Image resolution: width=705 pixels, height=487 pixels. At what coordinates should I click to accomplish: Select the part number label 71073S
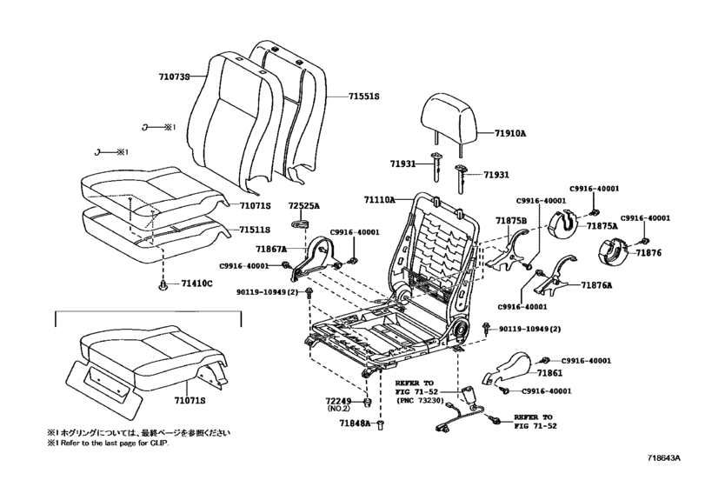click(174, 77)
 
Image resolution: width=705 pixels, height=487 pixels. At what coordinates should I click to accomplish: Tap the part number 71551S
click(363, 97)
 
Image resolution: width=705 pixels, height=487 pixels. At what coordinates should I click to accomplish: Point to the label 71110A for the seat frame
click(380, 199)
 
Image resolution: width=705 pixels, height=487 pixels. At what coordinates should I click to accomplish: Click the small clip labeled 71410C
click(163, 284)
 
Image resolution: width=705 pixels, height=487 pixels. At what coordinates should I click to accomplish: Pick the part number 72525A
click(304, 206)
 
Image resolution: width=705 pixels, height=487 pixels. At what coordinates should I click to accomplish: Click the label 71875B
click(511, 221)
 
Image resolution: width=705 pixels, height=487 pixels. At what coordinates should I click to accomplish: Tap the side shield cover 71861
click(508, 367)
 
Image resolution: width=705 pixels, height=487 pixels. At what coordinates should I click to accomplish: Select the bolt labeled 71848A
click(381, 424)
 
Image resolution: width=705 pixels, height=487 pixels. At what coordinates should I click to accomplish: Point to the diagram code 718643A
click(664, 458)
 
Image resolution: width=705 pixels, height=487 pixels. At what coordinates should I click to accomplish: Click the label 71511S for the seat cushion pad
click(255, 230)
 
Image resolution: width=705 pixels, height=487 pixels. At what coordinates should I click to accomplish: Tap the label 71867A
click(271, 249)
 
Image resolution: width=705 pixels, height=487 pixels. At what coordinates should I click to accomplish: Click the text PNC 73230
click(420, 400)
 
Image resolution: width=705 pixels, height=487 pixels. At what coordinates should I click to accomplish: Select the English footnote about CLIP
click(110, 443)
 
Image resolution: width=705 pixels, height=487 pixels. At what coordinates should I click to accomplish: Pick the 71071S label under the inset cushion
click(190, 400)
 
